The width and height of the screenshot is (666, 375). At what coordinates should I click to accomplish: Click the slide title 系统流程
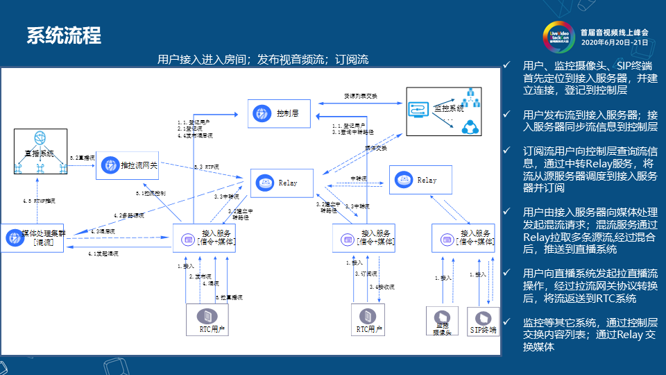pyautogui.click(x=64, y=35)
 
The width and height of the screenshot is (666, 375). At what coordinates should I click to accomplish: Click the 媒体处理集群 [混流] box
pyautogui.click(x=34, y=237)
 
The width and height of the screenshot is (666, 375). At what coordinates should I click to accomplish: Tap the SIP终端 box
pyautogui.click(x=483, y=321)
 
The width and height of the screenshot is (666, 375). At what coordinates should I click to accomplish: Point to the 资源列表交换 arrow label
pyautogui.click(x=361, y=95)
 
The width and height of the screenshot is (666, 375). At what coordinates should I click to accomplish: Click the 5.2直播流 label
pyautogui.click(x=82, y=158)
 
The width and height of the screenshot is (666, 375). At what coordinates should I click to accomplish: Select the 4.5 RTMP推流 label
pyautogui.click(x=39, y=201)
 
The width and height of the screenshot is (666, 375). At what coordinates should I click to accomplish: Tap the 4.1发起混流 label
pyautogui.click(x=103, y=254)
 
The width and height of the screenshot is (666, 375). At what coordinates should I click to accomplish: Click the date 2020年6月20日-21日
pyautogui.click(x=614, y=42)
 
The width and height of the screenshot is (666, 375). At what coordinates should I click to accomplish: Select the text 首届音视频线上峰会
pyautogui.click(x=614, y=32)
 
